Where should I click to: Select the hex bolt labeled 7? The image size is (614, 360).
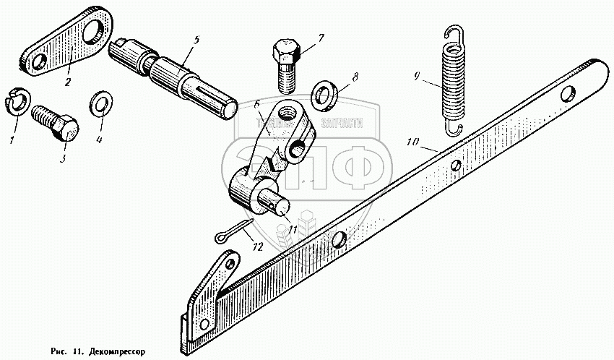(287, 69)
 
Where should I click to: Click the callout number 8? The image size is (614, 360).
(354, 77)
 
